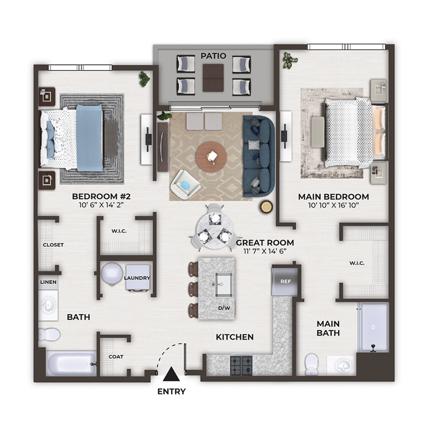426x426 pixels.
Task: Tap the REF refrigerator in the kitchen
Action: (x=285, y=282)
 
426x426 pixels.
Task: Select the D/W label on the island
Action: (x=224, y=308)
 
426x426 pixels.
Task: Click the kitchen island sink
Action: (x=224, y=285)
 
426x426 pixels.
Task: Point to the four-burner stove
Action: (x=241, y=366)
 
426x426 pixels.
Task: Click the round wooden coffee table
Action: (x=211, y=157)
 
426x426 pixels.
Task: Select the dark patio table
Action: (x=213, y=78)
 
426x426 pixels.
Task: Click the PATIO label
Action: (x=213, y=56)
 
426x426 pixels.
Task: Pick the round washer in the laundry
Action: (x=112, y=274)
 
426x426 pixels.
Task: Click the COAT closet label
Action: (x=116, y=357)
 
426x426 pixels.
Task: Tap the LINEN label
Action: (x=49, y=282)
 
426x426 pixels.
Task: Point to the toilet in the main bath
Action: (x=311, y=364)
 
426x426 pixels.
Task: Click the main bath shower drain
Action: (x=373, y=327)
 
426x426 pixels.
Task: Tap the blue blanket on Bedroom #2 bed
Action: (x=89, y=138)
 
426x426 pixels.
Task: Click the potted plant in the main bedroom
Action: (x=290, y=60)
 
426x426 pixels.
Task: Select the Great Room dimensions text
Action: (x=265, y=251)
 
